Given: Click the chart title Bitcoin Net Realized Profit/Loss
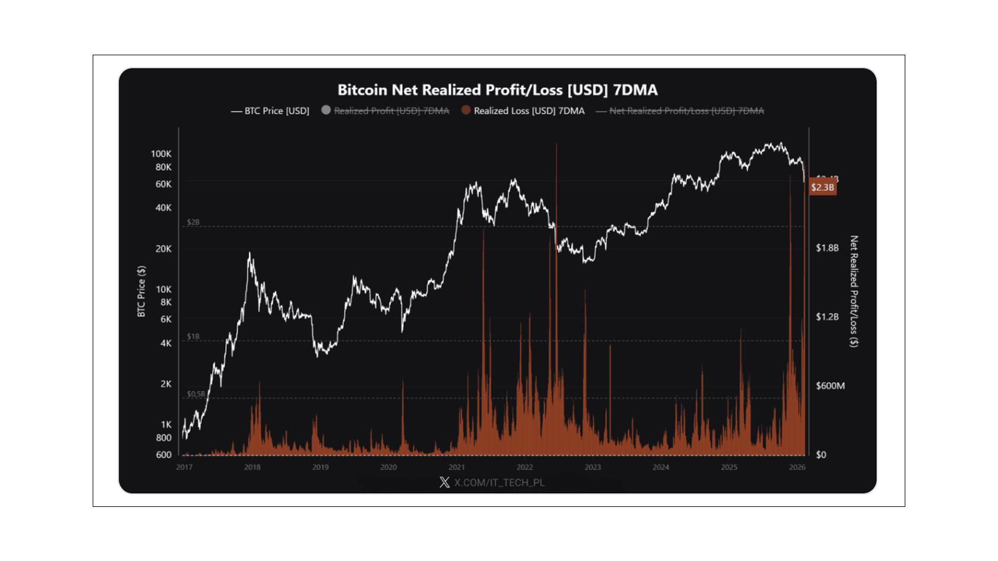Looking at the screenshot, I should [x=497, y=90].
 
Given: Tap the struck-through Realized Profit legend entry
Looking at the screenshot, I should [x=391, y=111].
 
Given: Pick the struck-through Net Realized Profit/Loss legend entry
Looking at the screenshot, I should [x=686, y=111].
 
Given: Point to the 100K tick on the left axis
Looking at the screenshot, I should [x=161, y=154].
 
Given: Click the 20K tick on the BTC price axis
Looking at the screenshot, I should [x=163, y=248].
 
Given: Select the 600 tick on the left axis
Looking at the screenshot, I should [x=163, y=455].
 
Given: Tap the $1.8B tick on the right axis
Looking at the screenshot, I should [x=827, y=248].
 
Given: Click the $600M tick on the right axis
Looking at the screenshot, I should [x=830, y=386].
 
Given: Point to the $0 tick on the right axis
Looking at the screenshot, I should [x=821, y=455].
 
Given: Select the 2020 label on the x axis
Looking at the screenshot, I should [x=389, y=467].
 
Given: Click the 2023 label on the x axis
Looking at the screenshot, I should [x=593, y=467].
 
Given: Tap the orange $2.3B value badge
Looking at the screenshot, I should [x=823, y=187].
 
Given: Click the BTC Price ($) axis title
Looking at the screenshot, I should [x=141, y=291].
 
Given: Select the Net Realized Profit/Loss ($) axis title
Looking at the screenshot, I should [x=854, y=291].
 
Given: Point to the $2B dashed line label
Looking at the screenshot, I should [x=193, y=222].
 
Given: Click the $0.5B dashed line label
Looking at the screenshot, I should [x=195, y=394].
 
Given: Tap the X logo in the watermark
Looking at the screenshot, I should [x=444, y=483].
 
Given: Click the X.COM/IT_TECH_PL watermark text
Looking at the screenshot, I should [x=499, y=483].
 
